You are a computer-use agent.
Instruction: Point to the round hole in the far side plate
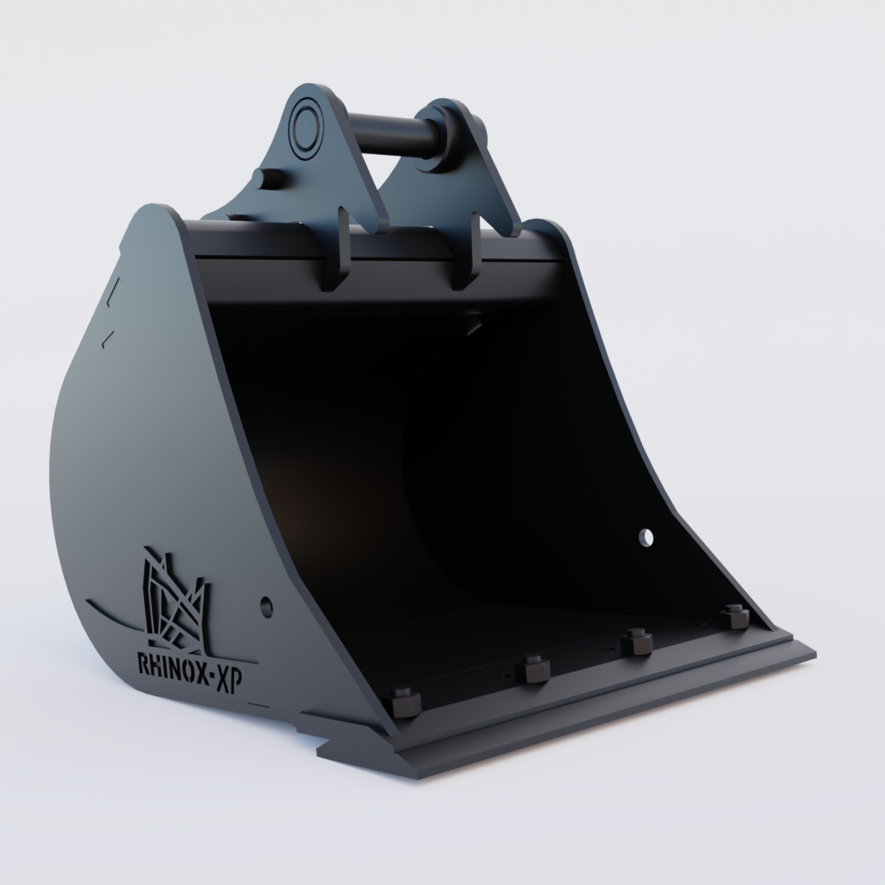[646, 538]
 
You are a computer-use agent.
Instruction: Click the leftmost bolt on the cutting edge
[404, 702]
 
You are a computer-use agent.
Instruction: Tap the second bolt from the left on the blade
[533, 669]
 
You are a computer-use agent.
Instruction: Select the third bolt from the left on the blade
[637, 642]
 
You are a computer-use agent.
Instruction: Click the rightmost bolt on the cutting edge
[734, 616]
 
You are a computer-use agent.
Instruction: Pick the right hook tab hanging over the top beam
[467, 251]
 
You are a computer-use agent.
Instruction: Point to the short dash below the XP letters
[258, 704]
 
